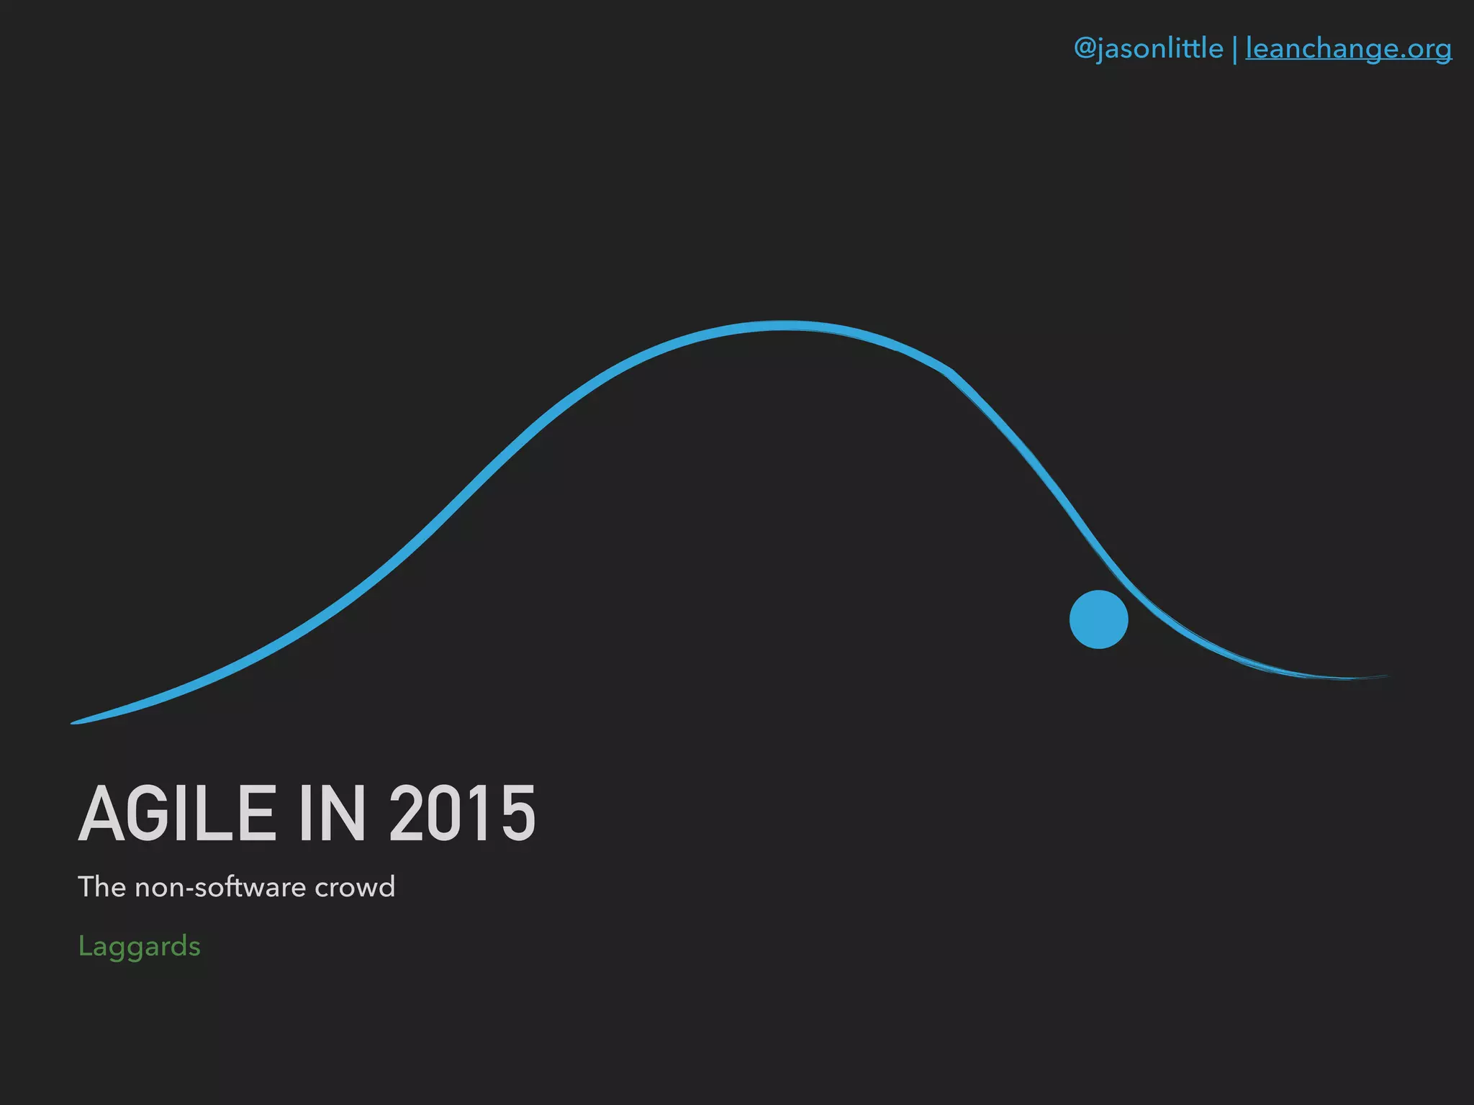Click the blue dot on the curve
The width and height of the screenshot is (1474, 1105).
(1098, 619)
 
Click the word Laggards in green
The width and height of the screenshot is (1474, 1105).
(139, 946)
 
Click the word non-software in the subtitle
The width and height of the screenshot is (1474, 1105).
(220, 887)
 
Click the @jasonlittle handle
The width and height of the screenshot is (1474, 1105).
(1148, 49)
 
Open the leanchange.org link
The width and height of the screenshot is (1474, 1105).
(1348, 49)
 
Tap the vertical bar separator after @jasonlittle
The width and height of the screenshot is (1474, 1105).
(1235, 50)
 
